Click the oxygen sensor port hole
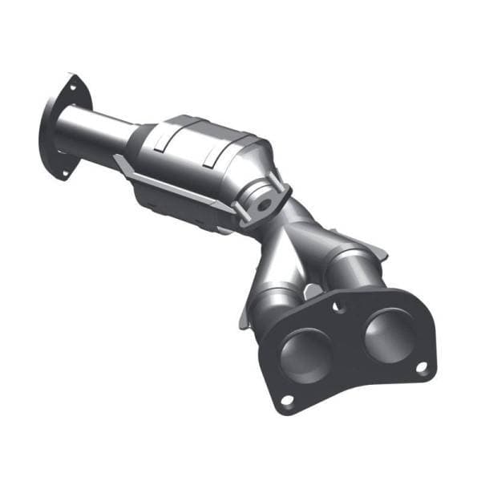[x=261, y=204]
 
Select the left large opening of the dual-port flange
[x=305, y=353]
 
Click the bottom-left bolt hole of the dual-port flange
[x=286, y=398]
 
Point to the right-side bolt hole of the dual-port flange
[x=421, y=366]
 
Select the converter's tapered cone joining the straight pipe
[x=144, y=136]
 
